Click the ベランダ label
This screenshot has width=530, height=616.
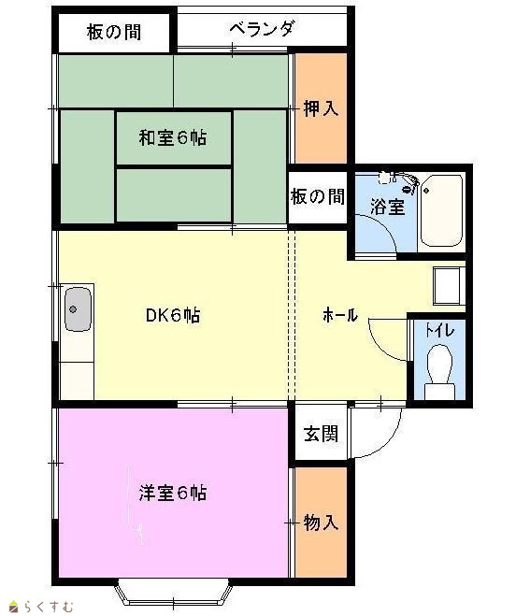point(262,29)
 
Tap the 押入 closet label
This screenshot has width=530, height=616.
point(321,108)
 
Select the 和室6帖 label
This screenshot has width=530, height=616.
point(173,137)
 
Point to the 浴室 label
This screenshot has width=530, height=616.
point(387,207)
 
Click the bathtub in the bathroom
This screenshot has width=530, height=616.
point(441,210)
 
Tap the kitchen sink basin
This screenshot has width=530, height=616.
point(78,309)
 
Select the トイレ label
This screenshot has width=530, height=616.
point(440,330)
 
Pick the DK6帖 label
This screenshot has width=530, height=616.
point(173,315)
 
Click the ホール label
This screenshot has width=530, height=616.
point(340,315)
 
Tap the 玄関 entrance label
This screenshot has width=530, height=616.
point(321,434)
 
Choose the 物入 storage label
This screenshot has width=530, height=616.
point(321,523)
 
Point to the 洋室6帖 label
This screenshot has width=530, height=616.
point(173,493)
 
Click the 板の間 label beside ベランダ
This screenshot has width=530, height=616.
point(114,32)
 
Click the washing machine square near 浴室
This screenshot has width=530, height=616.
point(449,286)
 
